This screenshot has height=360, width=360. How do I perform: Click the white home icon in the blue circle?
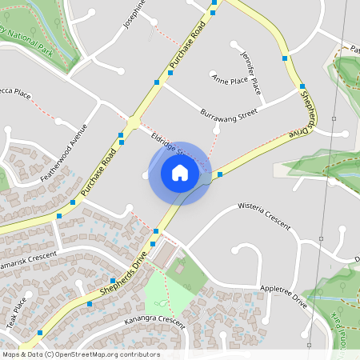click(180, 173)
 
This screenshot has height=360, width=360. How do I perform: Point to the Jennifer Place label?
click(250, 70)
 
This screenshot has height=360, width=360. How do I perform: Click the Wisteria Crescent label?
click(264, 217)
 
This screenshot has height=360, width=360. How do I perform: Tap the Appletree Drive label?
click(283, 295)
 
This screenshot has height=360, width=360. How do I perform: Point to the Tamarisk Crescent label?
click(29, 257)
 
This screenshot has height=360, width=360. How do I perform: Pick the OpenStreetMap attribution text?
click(81, 354)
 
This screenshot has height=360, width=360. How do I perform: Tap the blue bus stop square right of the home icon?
click(219, 174)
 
